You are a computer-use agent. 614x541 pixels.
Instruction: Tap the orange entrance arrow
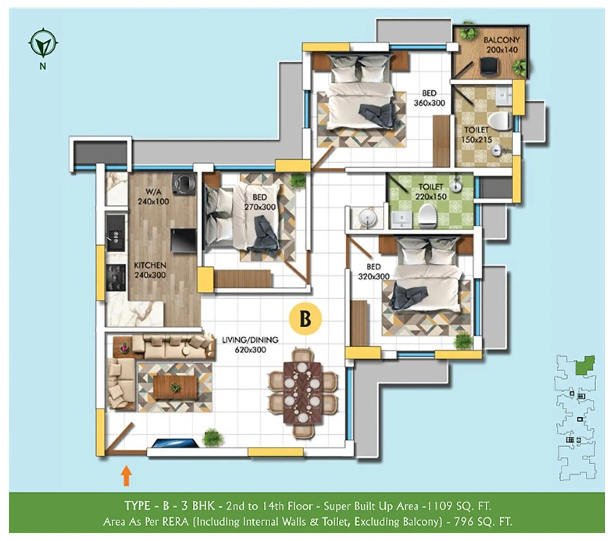click(126, 476)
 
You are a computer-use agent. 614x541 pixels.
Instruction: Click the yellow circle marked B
click(305, 319)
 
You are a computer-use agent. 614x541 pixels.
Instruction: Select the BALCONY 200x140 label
click(502, 45)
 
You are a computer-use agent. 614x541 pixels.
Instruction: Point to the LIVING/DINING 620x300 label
click(250, 345)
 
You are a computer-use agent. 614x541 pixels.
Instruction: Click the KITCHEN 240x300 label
click(150, 270)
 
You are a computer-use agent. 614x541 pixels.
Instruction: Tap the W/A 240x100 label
click(153, 196)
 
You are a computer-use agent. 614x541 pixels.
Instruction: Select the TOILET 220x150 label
click(431, 192)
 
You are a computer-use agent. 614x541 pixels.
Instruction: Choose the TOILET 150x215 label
click(476, 135)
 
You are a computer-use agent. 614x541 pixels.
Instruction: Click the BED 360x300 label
click(429, 98)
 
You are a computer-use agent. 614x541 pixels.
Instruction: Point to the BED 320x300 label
click(373, 272)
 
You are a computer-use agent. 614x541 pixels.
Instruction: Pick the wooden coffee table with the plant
click(175, 387)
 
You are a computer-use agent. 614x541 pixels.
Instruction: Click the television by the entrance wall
click(174, 443)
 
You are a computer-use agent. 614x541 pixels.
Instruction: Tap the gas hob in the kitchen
click(116, 277)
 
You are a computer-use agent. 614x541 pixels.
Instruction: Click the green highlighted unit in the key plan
click(585, 366)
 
